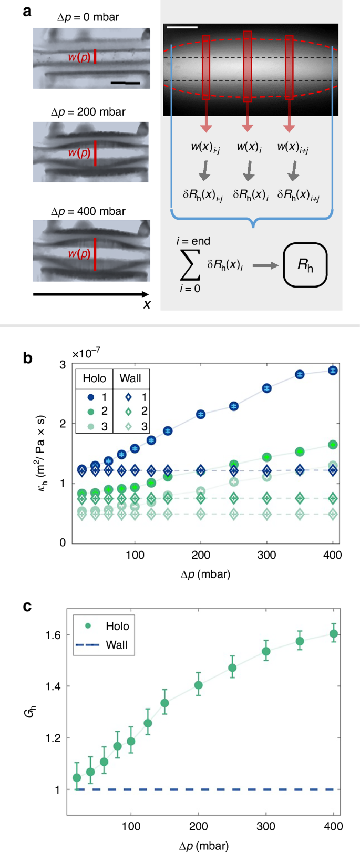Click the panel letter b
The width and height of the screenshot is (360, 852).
pos(28,358)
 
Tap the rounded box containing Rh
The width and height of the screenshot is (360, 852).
pos(305,265)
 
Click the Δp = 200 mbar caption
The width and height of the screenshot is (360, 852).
pos(88,112)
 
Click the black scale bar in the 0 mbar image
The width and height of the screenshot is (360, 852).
pos(125,83)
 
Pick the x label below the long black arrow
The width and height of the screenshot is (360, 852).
pos(147,304)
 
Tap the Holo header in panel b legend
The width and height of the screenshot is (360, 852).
pos(95,378)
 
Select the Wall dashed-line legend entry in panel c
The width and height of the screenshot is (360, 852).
pos(103,645)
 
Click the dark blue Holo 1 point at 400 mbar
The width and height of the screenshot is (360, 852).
pos(333,371)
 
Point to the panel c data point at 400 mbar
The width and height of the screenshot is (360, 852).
pos(334,634)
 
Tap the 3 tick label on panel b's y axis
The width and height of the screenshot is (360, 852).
pos(63,364)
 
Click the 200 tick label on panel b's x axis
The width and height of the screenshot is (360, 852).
pos(201,555)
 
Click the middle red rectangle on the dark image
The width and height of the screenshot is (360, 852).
pos(248,66)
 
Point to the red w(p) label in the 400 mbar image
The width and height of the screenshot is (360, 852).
pos(79,254)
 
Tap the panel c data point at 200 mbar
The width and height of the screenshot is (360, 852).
pos(199,685)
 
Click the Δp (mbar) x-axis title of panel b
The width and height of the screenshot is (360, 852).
pos(205,574)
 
